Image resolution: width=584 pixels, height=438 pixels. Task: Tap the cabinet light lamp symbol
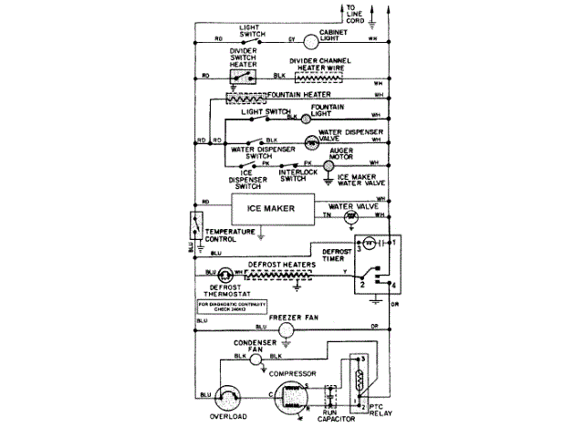tap(309, 40)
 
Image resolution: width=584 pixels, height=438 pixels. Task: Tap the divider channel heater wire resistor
tap(320, 78)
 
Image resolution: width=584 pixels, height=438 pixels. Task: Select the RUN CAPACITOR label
tap(332, 419)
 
